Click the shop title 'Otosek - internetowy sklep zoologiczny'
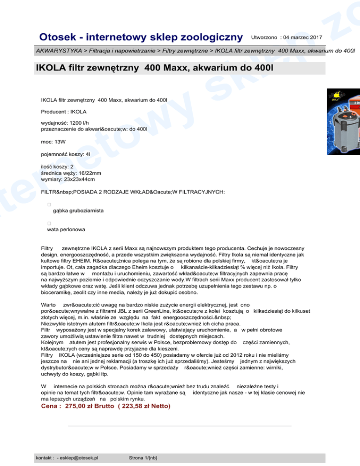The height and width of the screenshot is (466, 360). click(x=141, y=37)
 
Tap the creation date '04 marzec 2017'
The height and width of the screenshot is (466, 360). click(x=300, y=36)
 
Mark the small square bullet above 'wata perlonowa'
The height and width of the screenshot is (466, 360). click(x=49, y=224)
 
